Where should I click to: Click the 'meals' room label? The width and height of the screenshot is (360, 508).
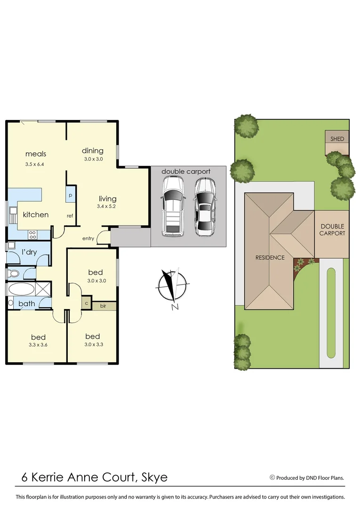(36, 154)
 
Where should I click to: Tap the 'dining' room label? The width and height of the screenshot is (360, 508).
(92, 151)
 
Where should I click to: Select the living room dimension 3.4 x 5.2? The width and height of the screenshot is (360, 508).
(107, 206)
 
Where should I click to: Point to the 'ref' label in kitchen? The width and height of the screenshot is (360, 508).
(70, 216)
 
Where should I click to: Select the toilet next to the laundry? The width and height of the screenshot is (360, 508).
(14, 273)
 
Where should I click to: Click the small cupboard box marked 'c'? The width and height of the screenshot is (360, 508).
(87, 303)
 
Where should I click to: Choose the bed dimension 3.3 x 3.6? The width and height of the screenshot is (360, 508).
(39, 345)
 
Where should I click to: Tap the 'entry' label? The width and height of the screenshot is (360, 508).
(88, 238)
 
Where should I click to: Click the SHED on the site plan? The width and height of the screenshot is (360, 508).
(337, 139)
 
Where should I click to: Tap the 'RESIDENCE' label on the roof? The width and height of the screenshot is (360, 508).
(270, 257)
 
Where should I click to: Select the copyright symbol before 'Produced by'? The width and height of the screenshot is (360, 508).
(272, 477)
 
